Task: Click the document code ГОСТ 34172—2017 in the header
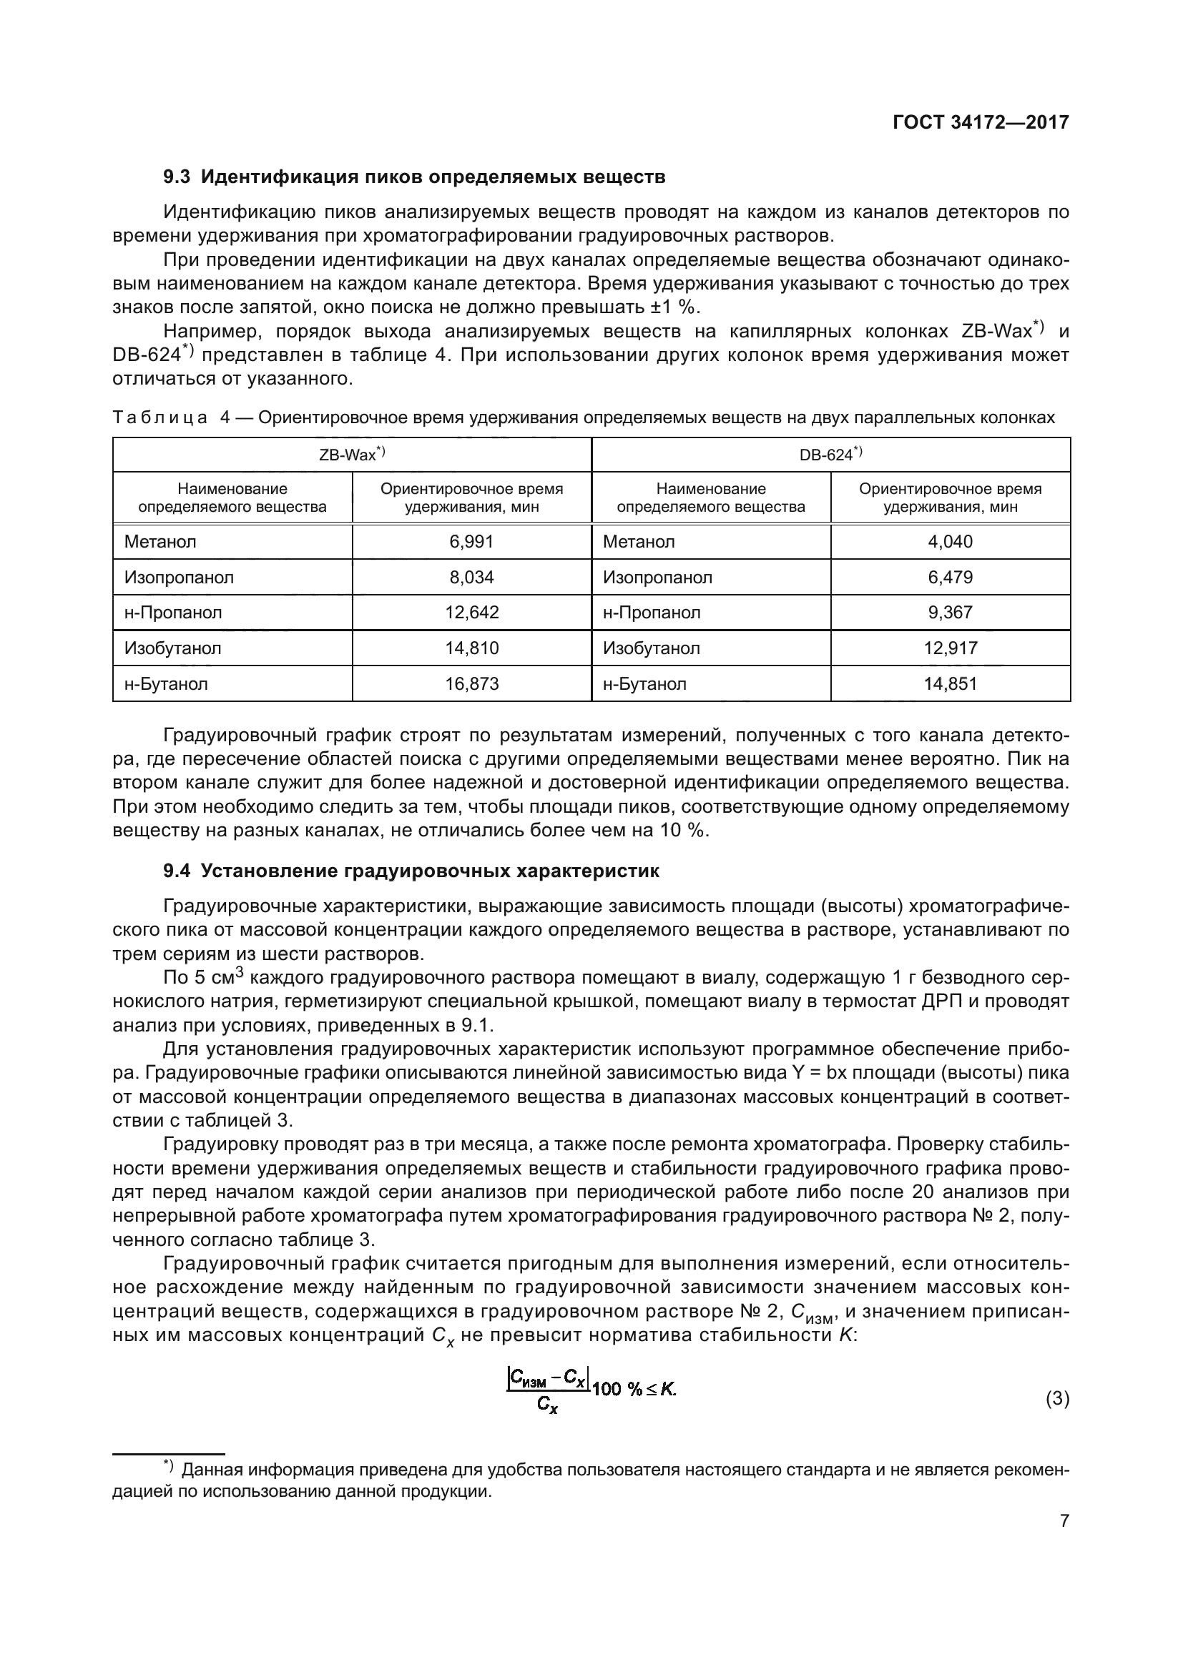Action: (x=981, y=122)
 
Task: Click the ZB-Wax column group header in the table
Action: (x=352, y=455)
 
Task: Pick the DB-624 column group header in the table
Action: (x=830, y=455)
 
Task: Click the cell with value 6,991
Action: (x=471, y=542)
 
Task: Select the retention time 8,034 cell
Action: (x=471, y=578)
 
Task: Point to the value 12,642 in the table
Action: (x=471, y=613)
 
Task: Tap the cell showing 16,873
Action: (x=471, y=684)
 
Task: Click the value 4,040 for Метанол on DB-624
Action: (x=950, y=542)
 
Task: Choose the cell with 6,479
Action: (x=950, y=578)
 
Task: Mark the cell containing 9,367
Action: (x=950, y=613)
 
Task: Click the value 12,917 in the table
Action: (x=950, y=648)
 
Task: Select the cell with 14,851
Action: (x=950, y=684)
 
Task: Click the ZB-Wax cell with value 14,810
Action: (x=471, y=648)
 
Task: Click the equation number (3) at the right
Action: (x=1057, y=1399)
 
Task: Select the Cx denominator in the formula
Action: (x=547, y=1405)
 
